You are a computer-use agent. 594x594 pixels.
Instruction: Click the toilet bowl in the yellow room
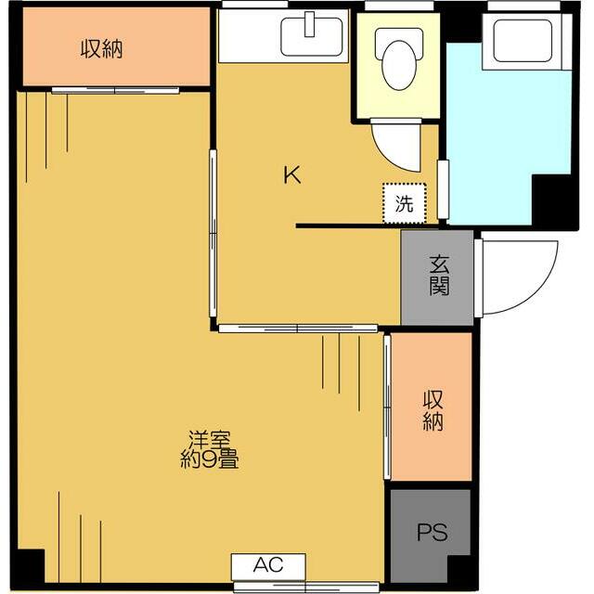click(x=397, y=64)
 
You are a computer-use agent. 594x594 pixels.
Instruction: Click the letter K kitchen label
click(x=292, y=175)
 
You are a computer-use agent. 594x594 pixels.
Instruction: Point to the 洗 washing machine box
click(x=405, y=203)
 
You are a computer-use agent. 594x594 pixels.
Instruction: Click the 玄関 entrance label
click(x=438, y=276)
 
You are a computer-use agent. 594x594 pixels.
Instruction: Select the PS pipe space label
click(x=432, y=533)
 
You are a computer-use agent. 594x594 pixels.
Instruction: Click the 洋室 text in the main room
click(x=210, y=438)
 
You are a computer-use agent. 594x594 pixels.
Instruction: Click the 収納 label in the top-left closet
click(x=102, y=49)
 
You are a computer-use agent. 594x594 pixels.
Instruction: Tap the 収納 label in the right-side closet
click(x=433, y=411)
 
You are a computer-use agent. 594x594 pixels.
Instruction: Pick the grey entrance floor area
click(x=437, y=297)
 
